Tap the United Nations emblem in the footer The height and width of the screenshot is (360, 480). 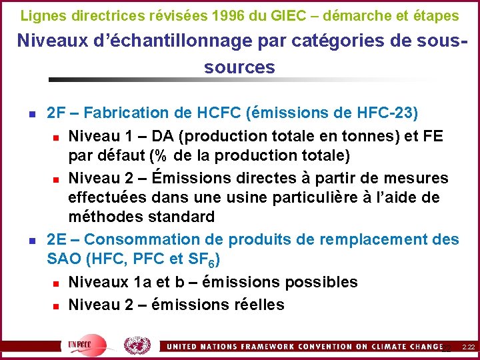(137, 345)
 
